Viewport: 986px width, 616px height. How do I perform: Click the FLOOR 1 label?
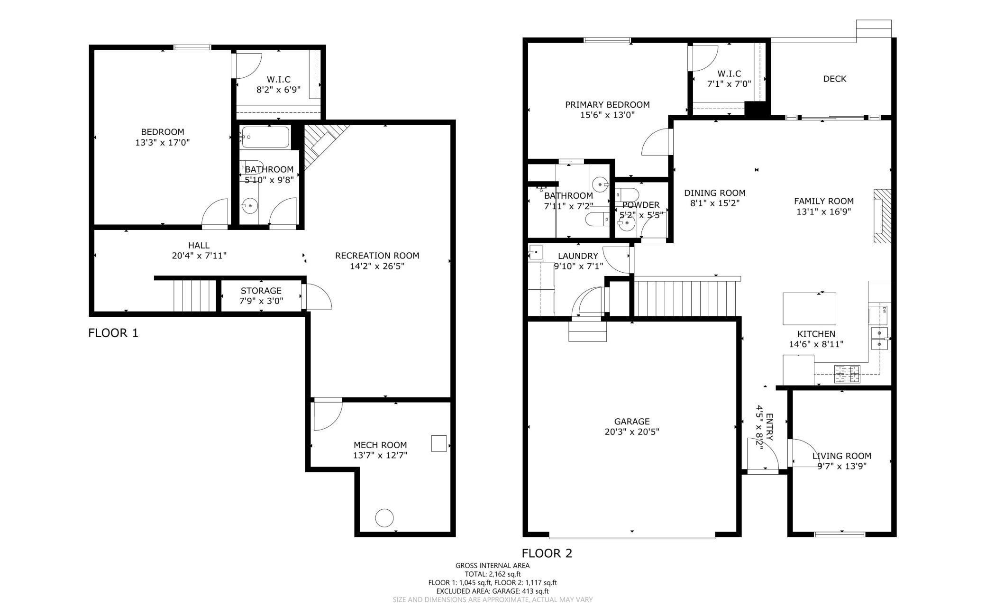tap(113, 333)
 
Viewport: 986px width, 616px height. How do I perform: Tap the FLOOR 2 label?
tap(547, 553)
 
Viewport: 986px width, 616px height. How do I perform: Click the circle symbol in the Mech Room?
tap(384, 518)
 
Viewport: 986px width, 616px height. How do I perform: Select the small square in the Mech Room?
tap(439, 443)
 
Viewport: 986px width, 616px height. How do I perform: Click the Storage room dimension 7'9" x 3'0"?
tap(261, 301)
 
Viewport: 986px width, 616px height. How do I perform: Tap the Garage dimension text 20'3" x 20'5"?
tap(632, 432)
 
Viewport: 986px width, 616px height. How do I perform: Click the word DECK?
tap(835, 79)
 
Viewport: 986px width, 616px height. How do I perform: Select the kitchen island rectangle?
tap(809, 309)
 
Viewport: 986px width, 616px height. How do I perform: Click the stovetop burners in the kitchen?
tap(847, 374)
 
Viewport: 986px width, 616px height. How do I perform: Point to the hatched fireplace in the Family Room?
tap(882, 216)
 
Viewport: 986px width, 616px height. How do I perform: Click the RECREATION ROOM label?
tap(377, 256)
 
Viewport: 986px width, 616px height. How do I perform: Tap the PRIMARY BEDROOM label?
tap(607, 104)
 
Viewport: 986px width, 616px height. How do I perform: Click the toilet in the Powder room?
tap(627, 194)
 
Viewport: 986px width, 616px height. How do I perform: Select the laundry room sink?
tap(536, 252)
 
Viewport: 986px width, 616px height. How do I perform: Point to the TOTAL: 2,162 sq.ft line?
tap(493, 574)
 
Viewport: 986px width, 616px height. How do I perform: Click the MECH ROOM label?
tap(380, 445)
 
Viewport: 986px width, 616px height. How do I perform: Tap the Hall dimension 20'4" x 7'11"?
tap(199, 256)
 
